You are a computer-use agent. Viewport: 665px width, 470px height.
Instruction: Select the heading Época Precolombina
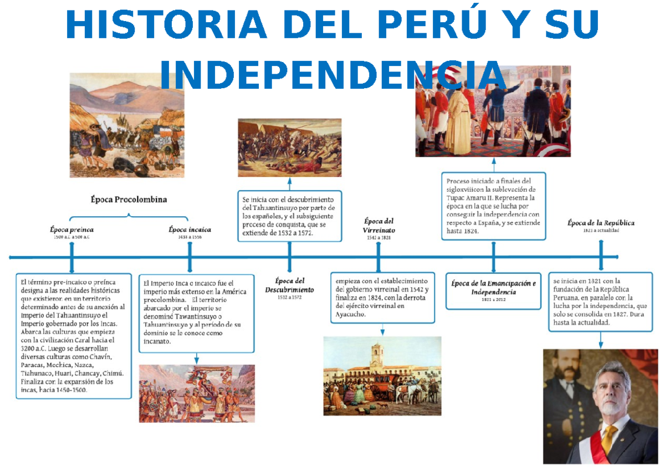[x=129, y=200]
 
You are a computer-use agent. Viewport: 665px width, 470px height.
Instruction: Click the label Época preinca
[x=71, y=229]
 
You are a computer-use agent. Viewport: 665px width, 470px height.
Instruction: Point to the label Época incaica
[x=190, y=229]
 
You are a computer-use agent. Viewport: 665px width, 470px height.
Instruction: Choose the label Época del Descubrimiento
[x=289, y=285]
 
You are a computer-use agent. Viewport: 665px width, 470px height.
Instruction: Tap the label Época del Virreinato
[x=378, y=225]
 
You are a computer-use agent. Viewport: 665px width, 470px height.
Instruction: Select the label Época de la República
[x=601, y=223]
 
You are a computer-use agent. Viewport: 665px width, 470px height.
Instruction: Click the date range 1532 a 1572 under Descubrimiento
[x=289, y=298]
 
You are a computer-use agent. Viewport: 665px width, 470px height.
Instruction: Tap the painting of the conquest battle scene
[x=289, y=147]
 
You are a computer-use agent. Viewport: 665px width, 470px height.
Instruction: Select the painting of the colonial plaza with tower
[x=382, y=375]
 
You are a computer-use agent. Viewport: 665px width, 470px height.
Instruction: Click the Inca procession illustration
[x=197, y=393]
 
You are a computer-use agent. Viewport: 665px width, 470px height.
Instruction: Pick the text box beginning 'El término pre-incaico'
[x=73, y=335]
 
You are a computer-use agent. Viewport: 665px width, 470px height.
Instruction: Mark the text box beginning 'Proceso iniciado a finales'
[x=493, y=206]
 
